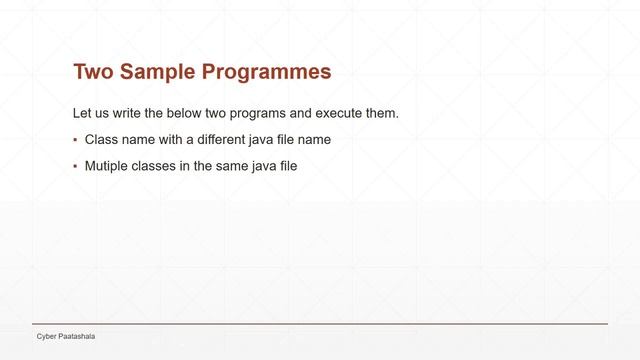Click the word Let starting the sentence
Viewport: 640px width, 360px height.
point(84,113)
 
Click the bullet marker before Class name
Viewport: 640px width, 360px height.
point(75,140)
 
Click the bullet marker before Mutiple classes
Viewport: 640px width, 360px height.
point(75,167)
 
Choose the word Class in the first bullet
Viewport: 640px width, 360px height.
point(101,139)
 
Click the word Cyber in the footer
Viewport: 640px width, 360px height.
point(47,337)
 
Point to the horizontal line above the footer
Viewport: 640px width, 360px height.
point(320,325)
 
